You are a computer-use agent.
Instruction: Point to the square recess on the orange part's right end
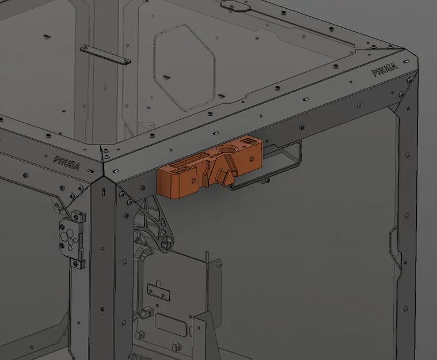click(249, 141)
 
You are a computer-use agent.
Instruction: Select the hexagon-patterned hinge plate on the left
click(71, 236)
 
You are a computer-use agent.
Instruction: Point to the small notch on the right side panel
click(394, 242)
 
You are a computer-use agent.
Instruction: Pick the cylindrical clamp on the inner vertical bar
click(145, 314)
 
